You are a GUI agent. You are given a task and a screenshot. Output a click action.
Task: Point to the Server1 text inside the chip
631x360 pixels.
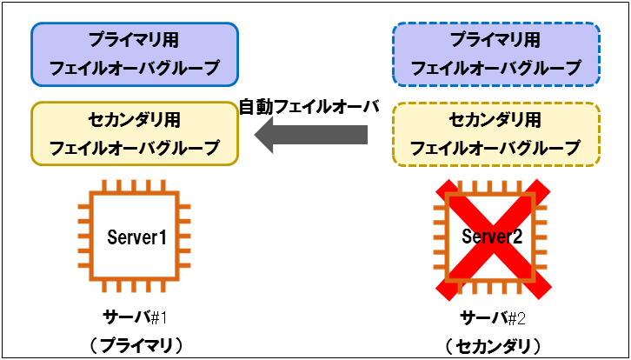(x=136, y=237)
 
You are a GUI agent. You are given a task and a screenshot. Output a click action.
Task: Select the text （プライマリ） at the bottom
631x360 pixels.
(x=135, y=344)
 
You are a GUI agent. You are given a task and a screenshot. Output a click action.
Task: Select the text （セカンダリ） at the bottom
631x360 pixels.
(x=494, y=344)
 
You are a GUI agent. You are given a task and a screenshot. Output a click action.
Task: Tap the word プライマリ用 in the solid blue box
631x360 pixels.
(x=135, y=40)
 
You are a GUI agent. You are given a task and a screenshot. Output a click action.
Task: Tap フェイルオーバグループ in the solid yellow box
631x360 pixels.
(x=135, y=148)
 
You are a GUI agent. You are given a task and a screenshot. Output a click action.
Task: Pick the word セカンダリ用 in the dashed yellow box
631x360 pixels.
(x=495, y=119)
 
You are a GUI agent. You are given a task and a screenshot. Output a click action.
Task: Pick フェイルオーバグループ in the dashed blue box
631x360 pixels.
(x=495, y=68)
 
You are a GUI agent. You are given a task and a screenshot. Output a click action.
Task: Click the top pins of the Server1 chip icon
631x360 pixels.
(x=136, y=186)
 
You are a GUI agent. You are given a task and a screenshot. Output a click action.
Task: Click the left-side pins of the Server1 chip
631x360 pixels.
(x=84, y=237)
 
